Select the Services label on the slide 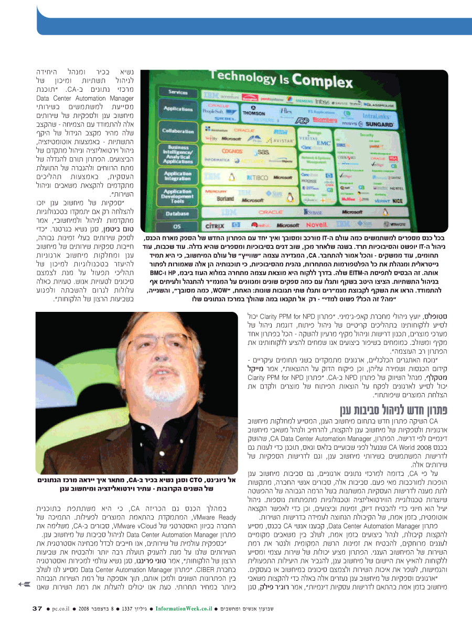pyautogui.click(x=178, y=92)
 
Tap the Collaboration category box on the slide pyautogui.click(x=178, y=131)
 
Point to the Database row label pyautogui.click(x=178, y=214)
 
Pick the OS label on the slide pyautogui.click(x=178, y=227)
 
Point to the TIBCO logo pyautogui.click(x=255, y=178)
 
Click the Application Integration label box pyautogui.click(x=178, y=176)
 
